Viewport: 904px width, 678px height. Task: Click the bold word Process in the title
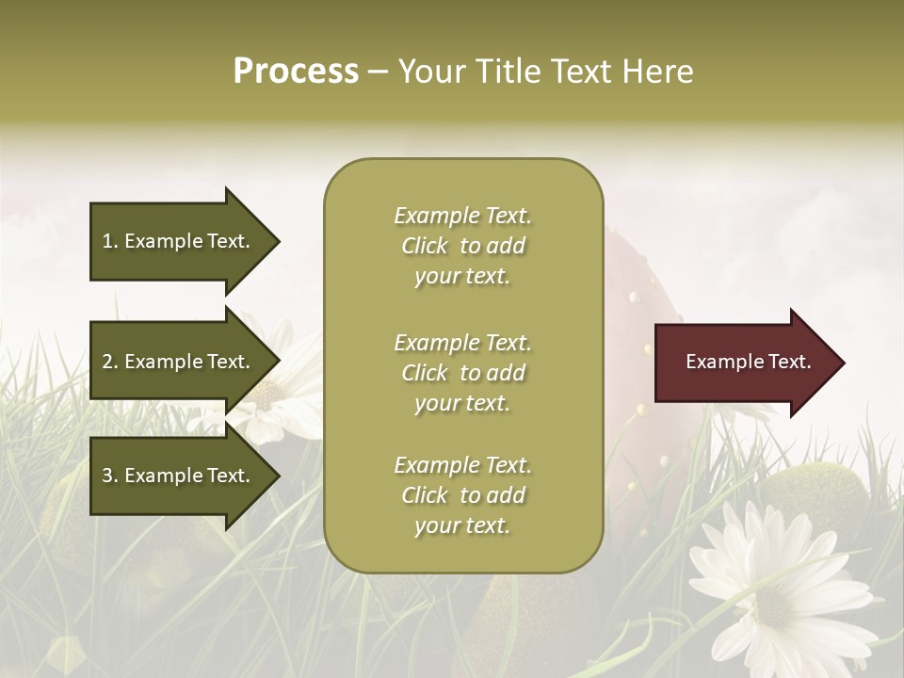point(296,72)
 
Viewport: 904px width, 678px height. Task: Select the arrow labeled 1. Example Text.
point(179,241)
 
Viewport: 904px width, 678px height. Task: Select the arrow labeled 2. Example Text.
point(179,362)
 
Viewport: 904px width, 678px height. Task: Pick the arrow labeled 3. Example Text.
point(179,476)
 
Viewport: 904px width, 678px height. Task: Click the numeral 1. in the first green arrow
point(110,241)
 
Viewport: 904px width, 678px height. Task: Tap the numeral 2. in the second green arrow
point(110,362)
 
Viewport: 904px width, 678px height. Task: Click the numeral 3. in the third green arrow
point(110,476)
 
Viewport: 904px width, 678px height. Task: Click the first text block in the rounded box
point(462,246)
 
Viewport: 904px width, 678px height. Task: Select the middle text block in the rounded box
point(462,373)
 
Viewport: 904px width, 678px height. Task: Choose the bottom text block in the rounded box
point(462,495)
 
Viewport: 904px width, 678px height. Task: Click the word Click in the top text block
point(425,246)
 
